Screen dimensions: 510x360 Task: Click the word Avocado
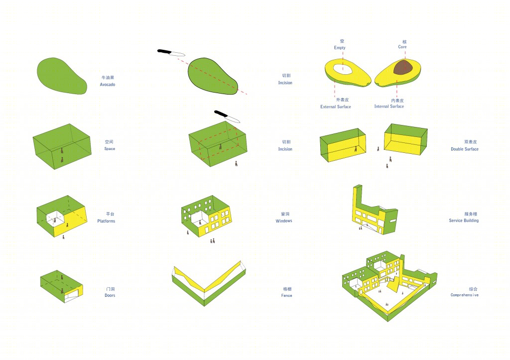point(108,85)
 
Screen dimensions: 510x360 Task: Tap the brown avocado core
point(403,67)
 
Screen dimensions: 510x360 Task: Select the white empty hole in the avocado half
point(343,69)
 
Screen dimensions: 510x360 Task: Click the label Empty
point(340,47)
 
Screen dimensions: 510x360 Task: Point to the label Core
point(402,47)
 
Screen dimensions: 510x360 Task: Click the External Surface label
point(336,107)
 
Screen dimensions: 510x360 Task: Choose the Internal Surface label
point(389,107)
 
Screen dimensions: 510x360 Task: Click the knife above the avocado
point(171,53)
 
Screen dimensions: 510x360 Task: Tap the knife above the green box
point(227,117)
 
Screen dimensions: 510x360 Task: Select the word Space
point(110,148)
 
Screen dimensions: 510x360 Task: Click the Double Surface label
point(465,149)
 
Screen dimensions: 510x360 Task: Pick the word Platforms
point(107,221)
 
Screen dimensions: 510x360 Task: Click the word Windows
point(284,221)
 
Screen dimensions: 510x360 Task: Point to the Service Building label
point(464,221)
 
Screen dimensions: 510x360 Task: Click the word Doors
point(110,295)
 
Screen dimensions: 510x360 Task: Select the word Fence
point(286,295)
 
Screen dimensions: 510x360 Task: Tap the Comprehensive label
point(465,295)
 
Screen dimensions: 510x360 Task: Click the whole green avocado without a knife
point(61,76)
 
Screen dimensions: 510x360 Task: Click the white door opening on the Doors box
point(72,296)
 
